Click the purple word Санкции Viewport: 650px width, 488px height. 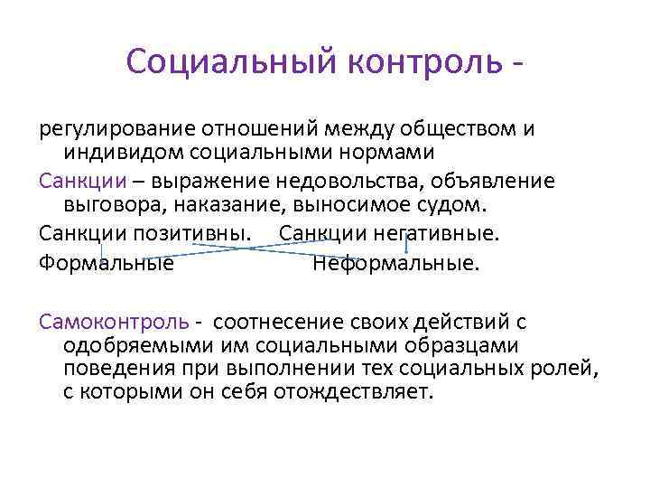click(x=75, y=181)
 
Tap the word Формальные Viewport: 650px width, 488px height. click(x=107, y=264)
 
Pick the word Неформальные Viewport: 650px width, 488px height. click(x=395, y=264)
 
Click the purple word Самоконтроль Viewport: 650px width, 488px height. click(x=114, y=322)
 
